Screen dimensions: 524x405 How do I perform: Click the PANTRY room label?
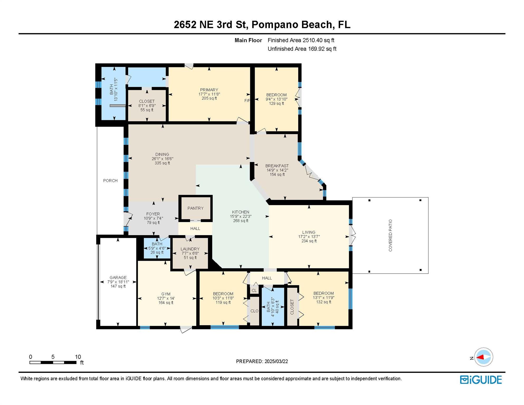[195, 208]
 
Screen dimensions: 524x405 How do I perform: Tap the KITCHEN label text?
[241, 212]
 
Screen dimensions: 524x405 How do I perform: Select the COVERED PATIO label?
[390, 235]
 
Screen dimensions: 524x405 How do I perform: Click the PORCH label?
[110, 181]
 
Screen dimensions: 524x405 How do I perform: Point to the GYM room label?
[166, 294]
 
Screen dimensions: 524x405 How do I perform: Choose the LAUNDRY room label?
[190, 249]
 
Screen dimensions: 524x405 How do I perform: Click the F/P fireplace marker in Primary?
[247, 100]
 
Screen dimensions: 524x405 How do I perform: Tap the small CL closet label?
[254, 291]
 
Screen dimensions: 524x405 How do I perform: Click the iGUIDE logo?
[481, 380]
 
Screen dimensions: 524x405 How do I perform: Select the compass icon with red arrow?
[483, 357]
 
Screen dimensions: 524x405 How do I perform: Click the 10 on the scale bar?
[78, 357]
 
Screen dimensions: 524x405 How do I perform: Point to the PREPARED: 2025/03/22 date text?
[262, 361]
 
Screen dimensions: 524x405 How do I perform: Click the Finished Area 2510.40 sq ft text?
[301, 40]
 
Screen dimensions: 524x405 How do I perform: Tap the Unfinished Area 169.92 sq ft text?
[302, 49]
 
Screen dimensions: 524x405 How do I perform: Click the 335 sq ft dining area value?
[162, 163]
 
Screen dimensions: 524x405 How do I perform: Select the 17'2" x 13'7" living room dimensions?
[309, 237]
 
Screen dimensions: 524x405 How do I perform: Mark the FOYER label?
[153, 214]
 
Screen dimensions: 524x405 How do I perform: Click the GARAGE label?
[118, 278]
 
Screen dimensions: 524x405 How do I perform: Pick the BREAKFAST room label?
[277, 166]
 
